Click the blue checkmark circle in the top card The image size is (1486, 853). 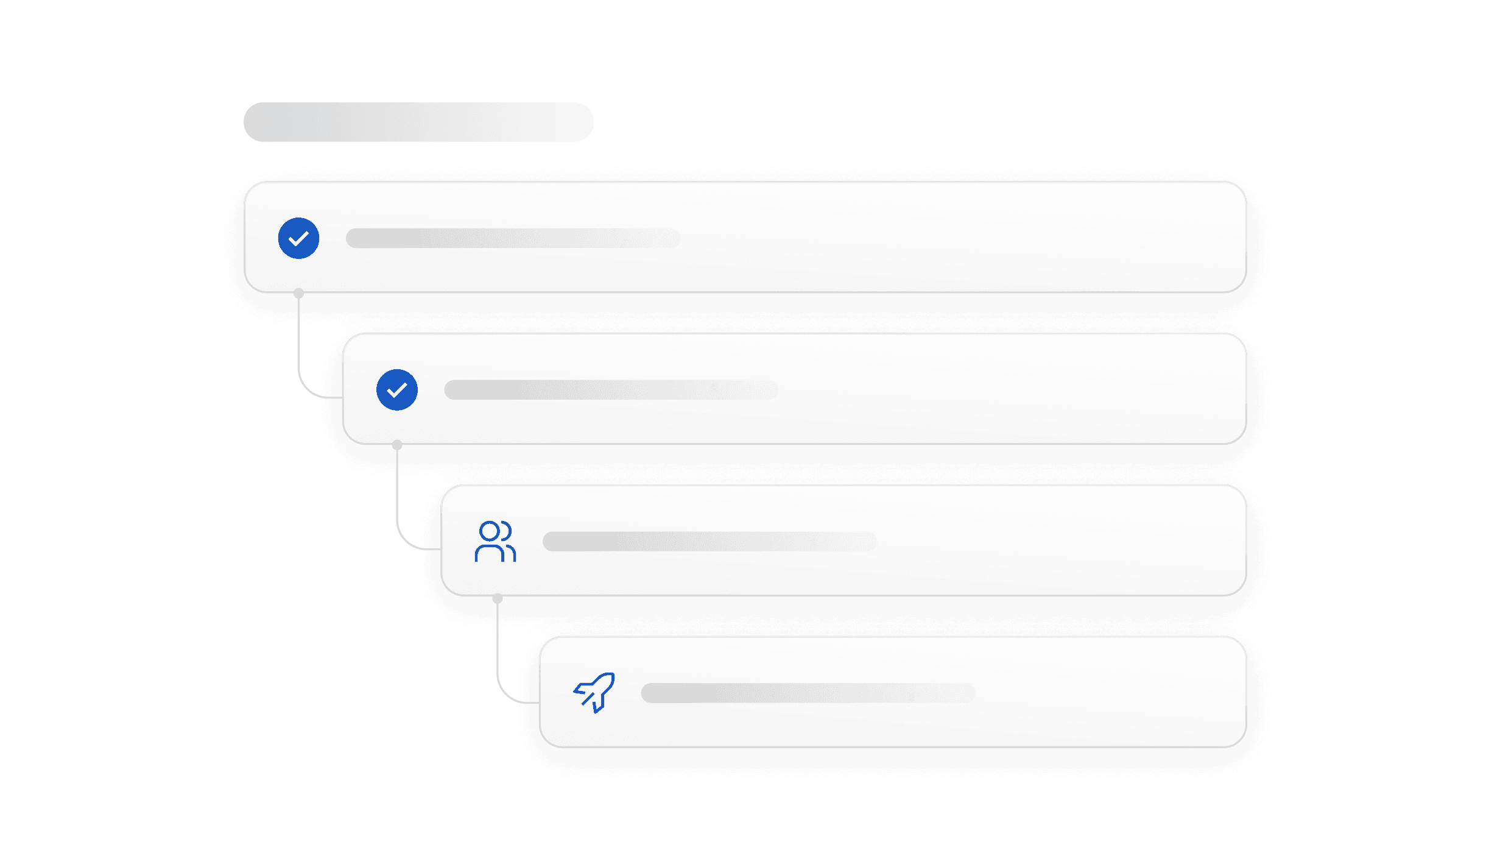[x=298, y=238]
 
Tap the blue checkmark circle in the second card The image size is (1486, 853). [x=397, y=390]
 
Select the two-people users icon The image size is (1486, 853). [x=495, y=541]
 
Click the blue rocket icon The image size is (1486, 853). [x=594, y=693]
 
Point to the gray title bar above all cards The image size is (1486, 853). [x=418, y=122]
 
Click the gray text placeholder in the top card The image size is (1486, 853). [x=513, y=238]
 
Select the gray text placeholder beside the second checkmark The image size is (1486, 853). [x=611, y=390]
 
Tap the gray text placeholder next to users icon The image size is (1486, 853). [x=710, y=541]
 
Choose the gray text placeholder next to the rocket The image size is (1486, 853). [x=808, y=693]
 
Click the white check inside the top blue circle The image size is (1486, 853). [x=298, y=239]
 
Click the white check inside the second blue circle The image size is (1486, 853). [x=397, y=391]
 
